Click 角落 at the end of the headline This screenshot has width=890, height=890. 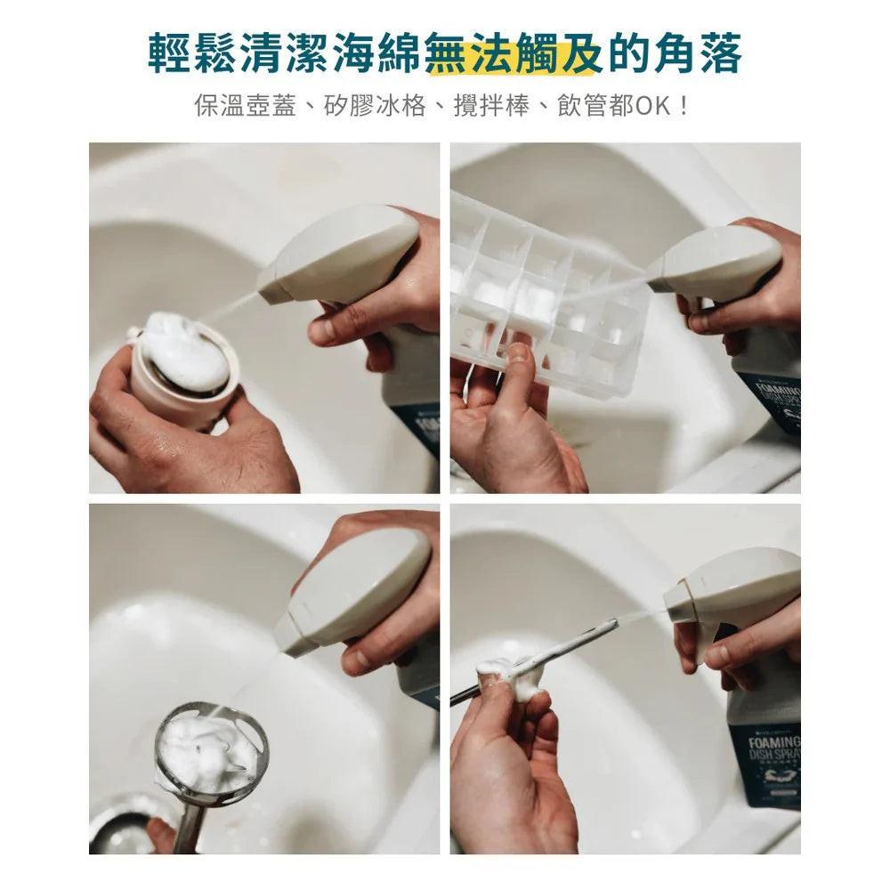[x=700, y=55]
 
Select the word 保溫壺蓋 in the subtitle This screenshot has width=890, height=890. [x=232, y=106]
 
